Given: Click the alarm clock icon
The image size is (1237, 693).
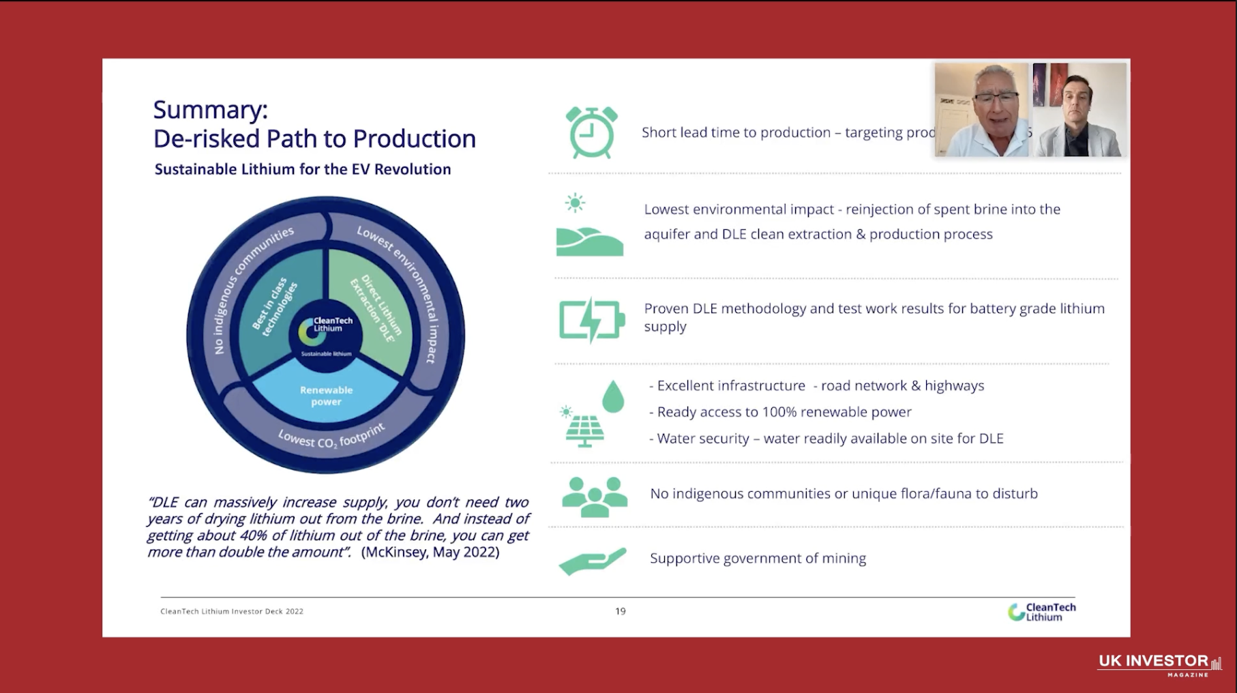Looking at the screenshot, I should click(x=591, y=132).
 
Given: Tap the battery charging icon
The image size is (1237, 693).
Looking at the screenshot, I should click(x=591, y=319).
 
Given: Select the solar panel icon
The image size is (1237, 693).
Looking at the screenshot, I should click(x=584, y=430).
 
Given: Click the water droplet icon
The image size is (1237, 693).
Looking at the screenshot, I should click(x=613, y=396).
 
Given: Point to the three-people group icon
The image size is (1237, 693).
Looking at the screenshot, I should click(x=594, y=496).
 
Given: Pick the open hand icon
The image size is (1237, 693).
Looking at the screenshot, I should click(x=592, y=561).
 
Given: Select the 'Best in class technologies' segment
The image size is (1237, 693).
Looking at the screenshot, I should click(x=275, y=308).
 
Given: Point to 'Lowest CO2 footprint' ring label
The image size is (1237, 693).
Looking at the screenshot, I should click(x=331, y=437).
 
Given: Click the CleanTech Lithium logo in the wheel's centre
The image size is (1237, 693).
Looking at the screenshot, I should click(x=326, y=328).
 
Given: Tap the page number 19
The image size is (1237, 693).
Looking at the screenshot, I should click(x=620, y=611).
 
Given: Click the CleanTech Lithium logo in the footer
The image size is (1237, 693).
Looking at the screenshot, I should click(x=1041, y=612).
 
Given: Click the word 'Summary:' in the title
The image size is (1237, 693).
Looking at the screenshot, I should click(x=211, y=110).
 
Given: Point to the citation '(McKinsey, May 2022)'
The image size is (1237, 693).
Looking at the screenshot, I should click(x=430, y=552).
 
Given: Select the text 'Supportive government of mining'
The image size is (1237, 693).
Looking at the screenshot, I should click(x=758, y=559).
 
